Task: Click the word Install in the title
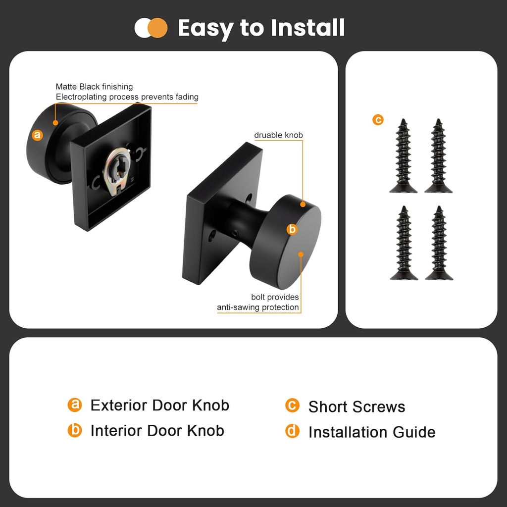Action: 307,28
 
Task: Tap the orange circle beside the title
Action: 158,28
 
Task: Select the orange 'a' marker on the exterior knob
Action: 38,135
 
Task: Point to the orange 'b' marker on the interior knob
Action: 292,229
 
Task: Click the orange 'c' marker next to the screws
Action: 378,120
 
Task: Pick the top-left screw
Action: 403,156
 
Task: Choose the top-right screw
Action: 439,156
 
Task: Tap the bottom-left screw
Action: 404,243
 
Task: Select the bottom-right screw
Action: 439,243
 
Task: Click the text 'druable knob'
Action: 278,135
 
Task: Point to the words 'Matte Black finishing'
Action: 95,87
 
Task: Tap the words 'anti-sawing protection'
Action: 257,307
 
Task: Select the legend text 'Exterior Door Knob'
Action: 160,405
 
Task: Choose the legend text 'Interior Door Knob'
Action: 157,431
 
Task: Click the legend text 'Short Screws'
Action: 356,407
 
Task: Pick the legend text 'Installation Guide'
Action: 372,432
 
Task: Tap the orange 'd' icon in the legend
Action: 292,431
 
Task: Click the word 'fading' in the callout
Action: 187,97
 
